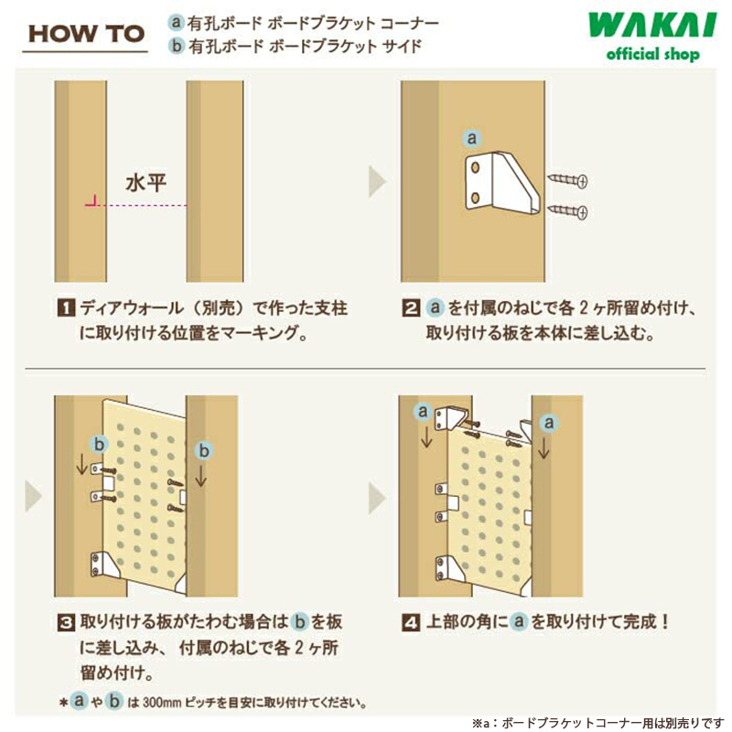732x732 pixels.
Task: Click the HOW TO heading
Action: [86, 33]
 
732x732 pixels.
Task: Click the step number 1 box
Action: [65, 308]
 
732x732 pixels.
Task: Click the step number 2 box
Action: [412, 308]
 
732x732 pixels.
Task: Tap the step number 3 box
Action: [65, 622]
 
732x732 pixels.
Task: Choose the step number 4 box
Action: [412, 622]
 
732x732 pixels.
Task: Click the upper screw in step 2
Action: [567, 179]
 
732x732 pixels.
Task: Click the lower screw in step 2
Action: [567, 212]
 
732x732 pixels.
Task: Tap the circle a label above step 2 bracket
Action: [472, 138]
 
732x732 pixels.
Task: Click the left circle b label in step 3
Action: [101, 442]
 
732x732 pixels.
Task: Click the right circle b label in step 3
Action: [204, 450]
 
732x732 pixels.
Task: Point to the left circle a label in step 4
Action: [422, 412]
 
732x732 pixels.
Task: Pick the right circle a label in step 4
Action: [548, 422]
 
